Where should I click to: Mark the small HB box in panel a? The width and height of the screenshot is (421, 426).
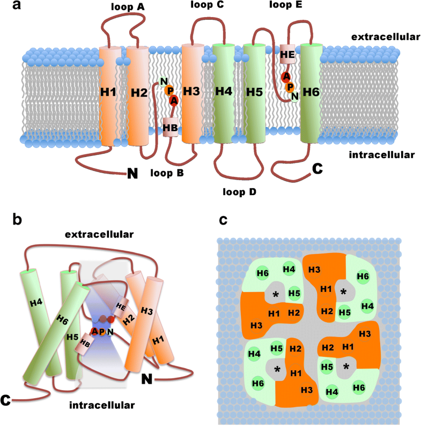171,128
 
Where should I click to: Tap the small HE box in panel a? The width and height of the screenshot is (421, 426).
287,54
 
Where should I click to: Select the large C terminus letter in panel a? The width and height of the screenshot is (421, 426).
317,170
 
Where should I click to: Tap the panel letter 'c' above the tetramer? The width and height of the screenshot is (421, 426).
223,220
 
